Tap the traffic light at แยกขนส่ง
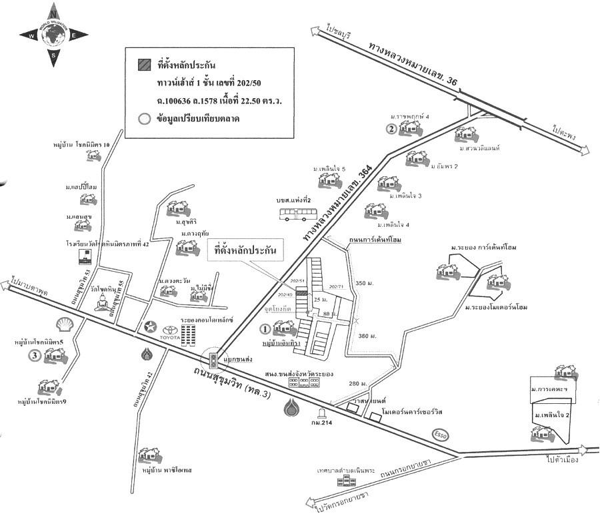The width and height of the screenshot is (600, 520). point(213,361)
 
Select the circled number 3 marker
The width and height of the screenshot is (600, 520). point(33,356)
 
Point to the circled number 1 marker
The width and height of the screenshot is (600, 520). point(265,328)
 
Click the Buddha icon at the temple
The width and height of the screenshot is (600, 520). point(102,302)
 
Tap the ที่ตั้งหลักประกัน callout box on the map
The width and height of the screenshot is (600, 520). point(245,252)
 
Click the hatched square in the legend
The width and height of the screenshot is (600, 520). point(143,65)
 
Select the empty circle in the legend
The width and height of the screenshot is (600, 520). point(143,119)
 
